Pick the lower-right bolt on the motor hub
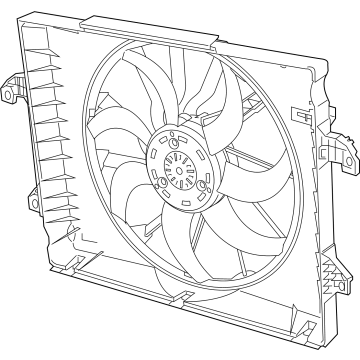(x=203, y=186)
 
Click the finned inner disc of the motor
(x=180, y=160)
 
